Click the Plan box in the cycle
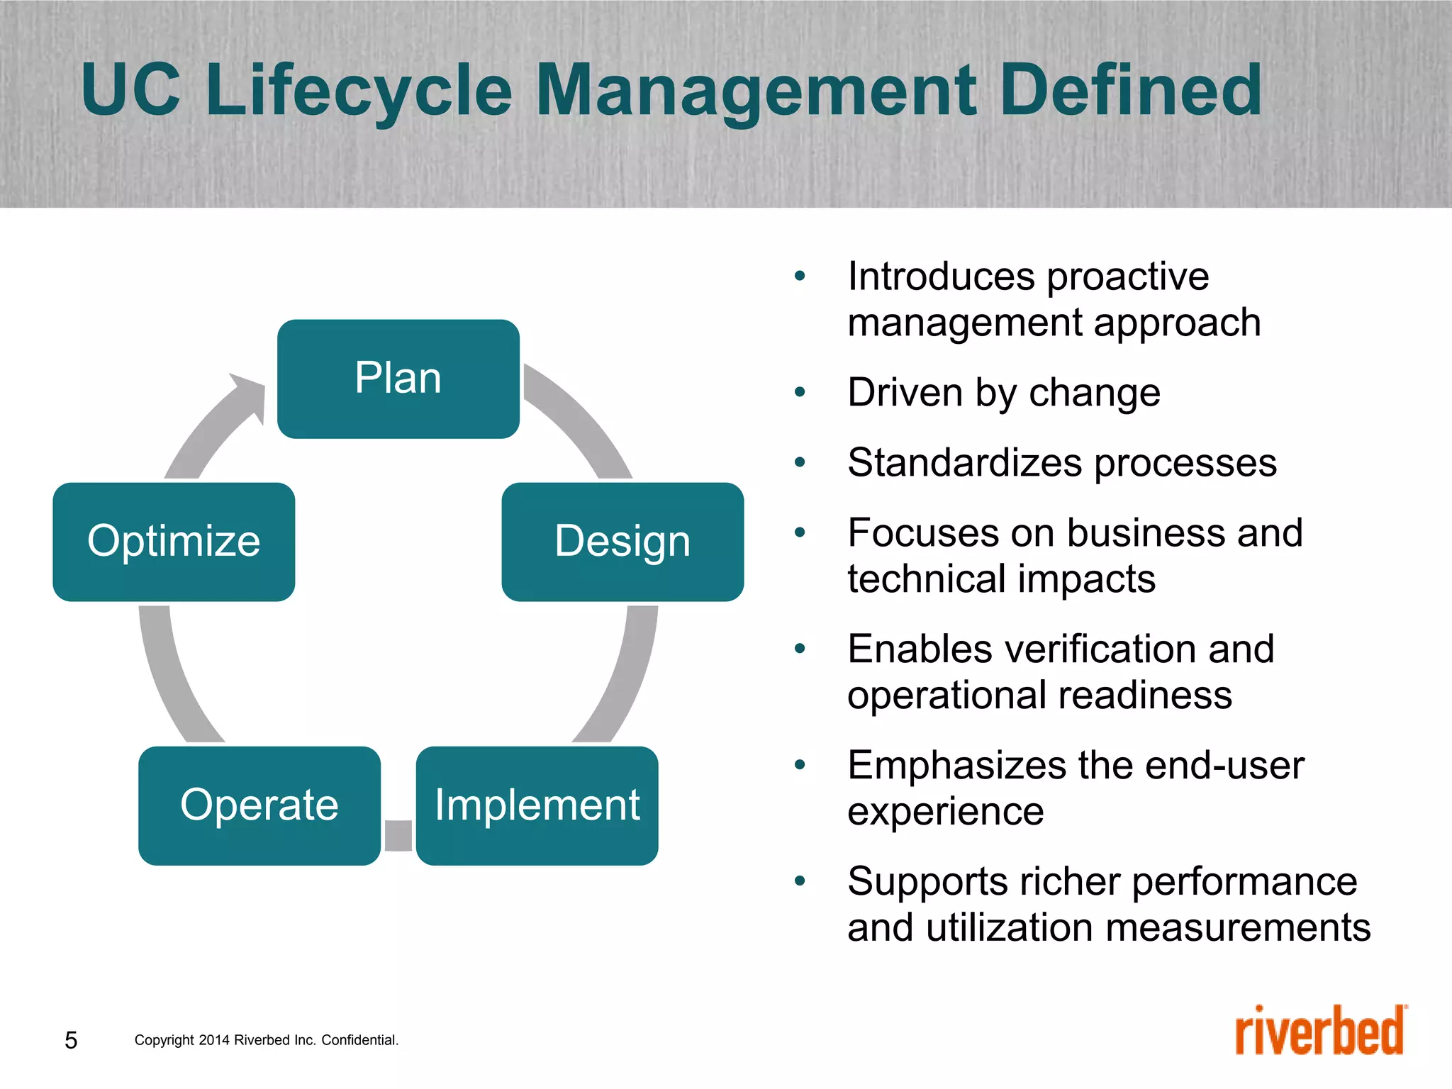(398, 379)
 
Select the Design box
(622, 542)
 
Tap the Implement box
(537, 805)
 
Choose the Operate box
(259, 805)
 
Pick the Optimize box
(174, 542)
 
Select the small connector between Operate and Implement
(398, 835)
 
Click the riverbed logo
(1320, 1032)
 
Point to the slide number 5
(71, 1040)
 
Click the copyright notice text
(266, 1040)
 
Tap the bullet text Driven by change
(1003, 392)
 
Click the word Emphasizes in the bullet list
(956, 765)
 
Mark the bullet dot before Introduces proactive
(800, 276)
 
